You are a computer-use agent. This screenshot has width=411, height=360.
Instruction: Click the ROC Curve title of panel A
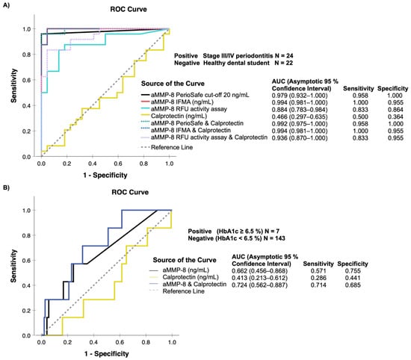tap(129, 9)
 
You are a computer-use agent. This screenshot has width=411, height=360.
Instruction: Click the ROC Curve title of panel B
tap(130, 192)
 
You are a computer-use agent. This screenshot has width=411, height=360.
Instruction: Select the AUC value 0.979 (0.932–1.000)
tap(300, 96)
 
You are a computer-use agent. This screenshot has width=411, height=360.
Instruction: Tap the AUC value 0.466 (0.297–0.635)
tap(300, 117)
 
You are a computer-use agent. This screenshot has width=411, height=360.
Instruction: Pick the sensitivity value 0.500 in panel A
tap(360, 117)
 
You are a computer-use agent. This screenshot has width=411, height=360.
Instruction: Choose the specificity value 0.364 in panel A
tap(395, 117)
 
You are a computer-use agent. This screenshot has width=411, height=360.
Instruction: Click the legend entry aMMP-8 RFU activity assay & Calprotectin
tap(209, 137)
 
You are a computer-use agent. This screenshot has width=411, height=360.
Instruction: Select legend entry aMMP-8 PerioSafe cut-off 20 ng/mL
tap(200, 95)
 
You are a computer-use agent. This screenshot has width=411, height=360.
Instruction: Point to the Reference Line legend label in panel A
tap(172, 147)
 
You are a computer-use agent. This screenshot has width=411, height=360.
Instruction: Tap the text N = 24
tap(284, 55)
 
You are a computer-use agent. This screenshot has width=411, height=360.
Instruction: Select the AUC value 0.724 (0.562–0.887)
tap(259, 285)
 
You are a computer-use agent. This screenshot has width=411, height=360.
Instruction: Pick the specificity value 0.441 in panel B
tap(353, 278)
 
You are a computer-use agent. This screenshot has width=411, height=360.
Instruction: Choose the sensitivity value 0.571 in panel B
tap(318, 270)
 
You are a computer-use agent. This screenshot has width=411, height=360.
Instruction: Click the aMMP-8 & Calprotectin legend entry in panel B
tap(194, 285)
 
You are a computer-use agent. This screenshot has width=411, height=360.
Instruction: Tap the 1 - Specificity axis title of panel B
tap(106, 354)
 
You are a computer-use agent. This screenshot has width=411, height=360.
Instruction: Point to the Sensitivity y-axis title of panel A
tap(13, 86)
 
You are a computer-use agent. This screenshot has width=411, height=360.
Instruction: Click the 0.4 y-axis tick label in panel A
tap(26, 105)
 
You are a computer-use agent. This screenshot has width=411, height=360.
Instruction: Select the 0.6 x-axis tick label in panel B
tap(120, 342)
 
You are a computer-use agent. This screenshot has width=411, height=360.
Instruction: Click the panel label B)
tap(6, 187)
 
